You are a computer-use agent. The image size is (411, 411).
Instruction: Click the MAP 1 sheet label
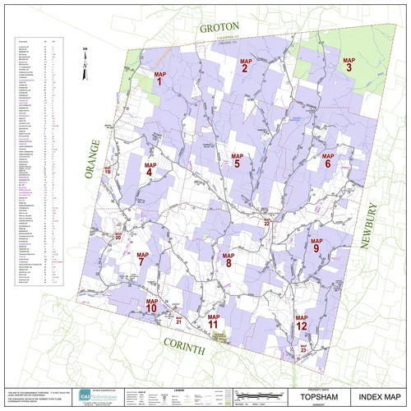(160, 79)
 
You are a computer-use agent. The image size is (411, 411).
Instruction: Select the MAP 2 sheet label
(245, 66)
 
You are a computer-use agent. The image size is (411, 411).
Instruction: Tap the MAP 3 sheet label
(349, 64)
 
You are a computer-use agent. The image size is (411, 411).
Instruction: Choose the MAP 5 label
(237, 160)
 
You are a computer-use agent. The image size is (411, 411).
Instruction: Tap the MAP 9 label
(316, 244)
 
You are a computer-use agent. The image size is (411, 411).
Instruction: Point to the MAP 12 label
(302, 322)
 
